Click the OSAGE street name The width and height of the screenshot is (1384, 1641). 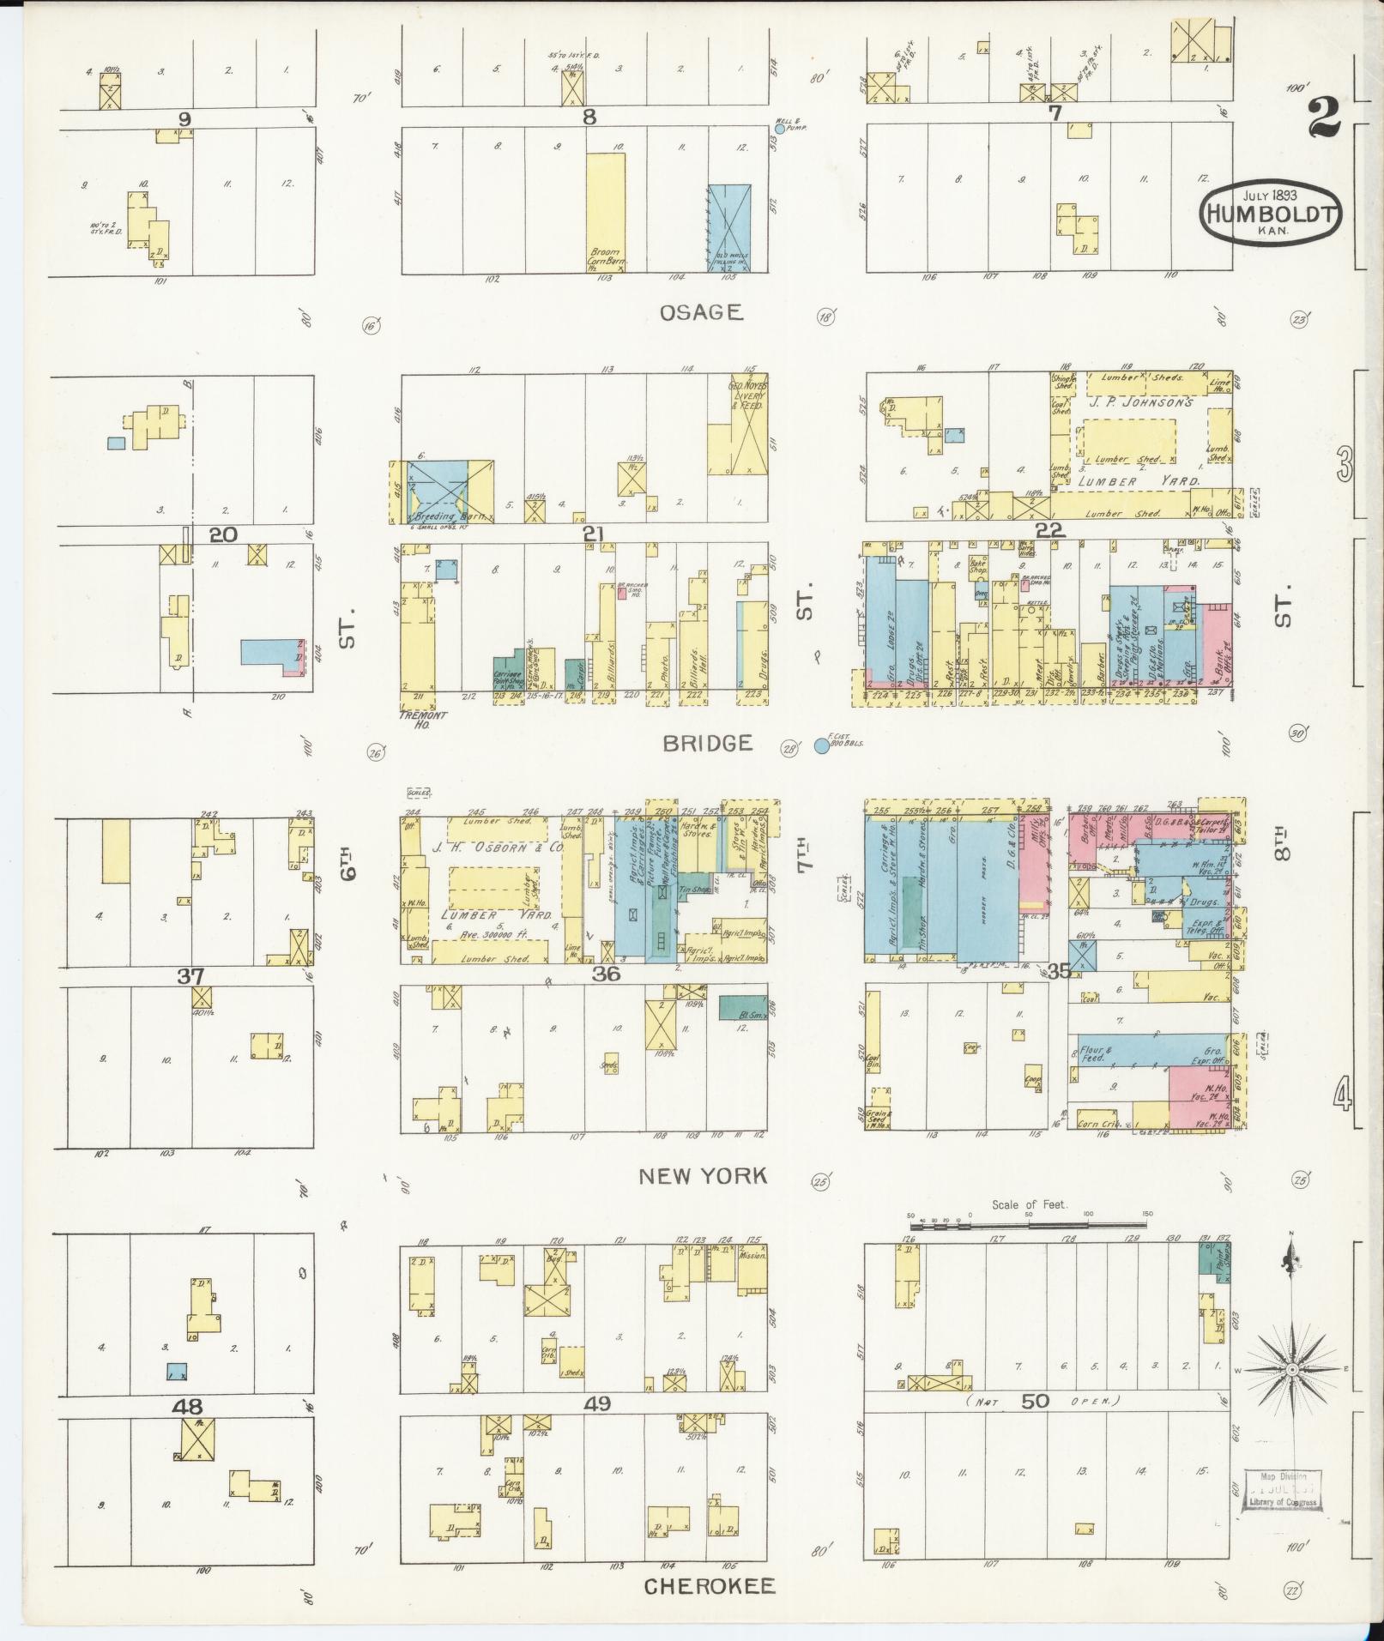coord(700,313)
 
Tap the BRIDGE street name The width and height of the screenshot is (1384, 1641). coord(708,743)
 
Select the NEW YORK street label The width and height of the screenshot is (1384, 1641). coord(702,1176)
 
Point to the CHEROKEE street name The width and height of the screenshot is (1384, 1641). coord(709,1586)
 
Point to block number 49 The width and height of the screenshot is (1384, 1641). coord(597,1403)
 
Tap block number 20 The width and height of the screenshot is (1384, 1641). coord(222,534)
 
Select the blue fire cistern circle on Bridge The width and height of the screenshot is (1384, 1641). coord(821,746)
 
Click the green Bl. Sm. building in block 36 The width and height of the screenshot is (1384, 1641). coord(742,1007)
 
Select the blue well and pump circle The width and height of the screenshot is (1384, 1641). coord(779,129)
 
